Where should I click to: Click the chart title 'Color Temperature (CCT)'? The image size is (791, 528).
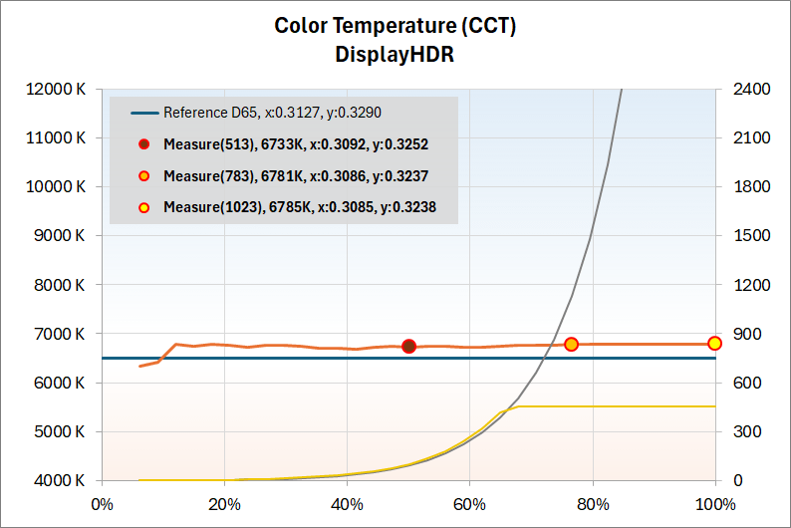pyautogui.click(x=395, y=25)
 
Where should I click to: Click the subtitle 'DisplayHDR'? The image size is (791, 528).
pyautogui.click(x=395, y=54)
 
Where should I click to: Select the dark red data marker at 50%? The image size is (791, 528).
pyautogui.click(x=408, y=347)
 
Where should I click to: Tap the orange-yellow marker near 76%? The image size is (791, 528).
pyautogui.click(x=571, y=345)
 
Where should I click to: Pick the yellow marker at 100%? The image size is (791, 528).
pyautogui.click(x=715, y=344)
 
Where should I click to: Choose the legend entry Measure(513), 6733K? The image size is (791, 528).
pyautogui.click(x=296, y=144)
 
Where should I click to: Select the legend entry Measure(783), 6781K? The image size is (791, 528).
pyautogui.click(x=296, y=176)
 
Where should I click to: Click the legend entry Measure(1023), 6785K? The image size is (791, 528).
pyautogui.click(x=300, y=208)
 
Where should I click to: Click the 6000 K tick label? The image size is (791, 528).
pyautogui.click(x=59, y=383)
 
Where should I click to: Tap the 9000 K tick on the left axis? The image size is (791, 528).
pyautogui.click(x=59, y=236)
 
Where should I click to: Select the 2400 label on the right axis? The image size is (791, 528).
pyautogui.click(x=751, y=89)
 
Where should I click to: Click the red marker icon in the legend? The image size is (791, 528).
pyautogui.click(x=144, y=144)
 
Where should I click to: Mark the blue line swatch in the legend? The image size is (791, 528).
pyautogui.click(x=143, y=113)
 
